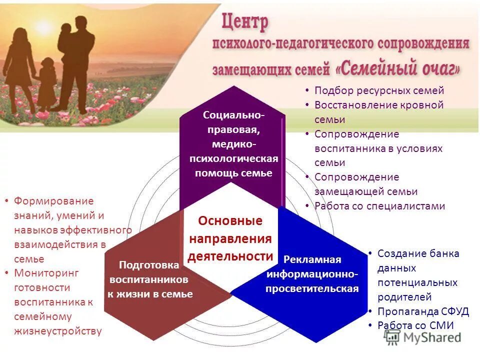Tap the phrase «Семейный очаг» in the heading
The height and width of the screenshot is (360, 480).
pyautogui.click(x=397, y=67)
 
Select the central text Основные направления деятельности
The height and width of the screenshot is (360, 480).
pyautogui.click(x=230, y=238)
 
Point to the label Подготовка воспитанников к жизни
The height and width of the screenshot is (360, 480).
pyautogui.click(x=149, y=279)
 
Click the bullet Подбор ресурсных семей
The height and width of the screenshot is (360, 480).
pyautogui.click(x=379, y=90)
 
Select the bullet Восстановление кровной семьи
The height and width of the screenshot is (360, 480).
pyautogui.click(x=379, y=112)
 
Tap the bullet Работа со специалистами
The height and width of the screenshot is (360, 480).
pyautogui.click(x=379, y=205)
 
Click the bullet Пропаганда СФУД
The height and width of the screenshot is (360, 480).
pyautogui.click(x=423, y=311)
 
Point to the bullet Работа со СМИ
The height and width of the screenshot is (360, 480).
pyautogui.click(x=415, y=325)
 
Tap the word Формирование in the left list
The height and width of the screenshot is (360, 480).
pyautogui.click(x=53, y=201)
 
